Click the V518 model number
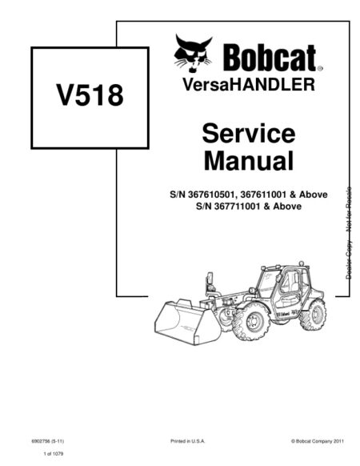(90, 95)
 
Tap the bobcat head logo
(193, 53)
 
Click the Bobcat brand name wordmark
(270, 58)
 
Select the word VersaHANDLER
(248, 84)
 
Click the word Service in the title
(249, 134)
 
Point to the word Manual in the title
(249, 160)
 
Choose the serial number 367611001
(263, 195)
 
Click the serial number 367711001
(238, 207)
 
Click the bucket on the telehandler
(187, 322)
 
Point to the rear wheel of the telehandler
(313, 315)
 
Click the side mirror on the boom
(210, 279)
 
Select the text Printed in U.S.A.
(188, 441)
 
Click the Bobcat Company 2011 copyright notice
(318, 441)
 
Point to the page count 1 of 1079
(54, 454)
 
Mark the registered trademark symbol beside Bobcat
(320, 69)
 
